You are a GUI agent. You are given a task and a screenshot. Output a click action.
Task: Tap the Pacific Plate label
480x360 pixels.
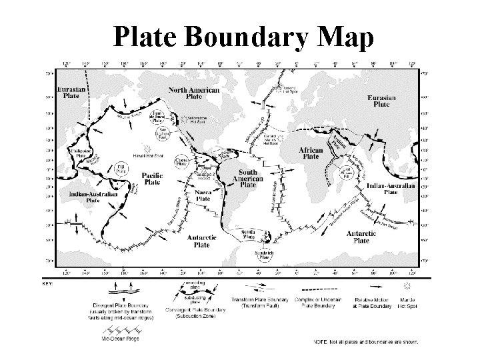point(153,178)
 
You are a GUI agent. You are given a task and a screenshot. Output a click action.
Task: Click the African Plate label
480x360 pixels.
point(309,153)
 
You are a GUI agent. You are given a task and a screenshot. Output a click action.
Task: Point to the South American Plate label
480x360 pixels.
point(247,178)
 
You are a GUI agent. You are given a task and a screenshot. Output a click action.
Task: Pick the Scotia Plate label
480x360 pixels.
point(248,234)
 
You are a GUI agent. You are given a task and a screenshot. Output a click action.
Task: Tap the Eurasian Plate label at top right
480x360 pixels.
point(381,101)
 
